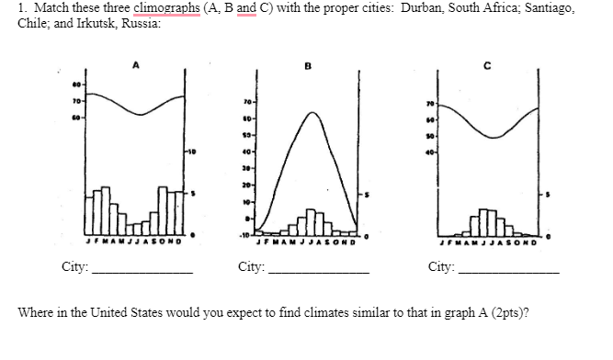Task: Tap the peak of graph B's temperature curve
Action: [x=313, y=113]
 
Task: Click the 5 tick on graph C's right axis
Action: [x=548, y=195]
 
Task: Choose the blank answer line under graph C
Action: [x=509, y=273]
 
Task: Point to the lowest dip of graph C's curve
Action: [x=494, y=138]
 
